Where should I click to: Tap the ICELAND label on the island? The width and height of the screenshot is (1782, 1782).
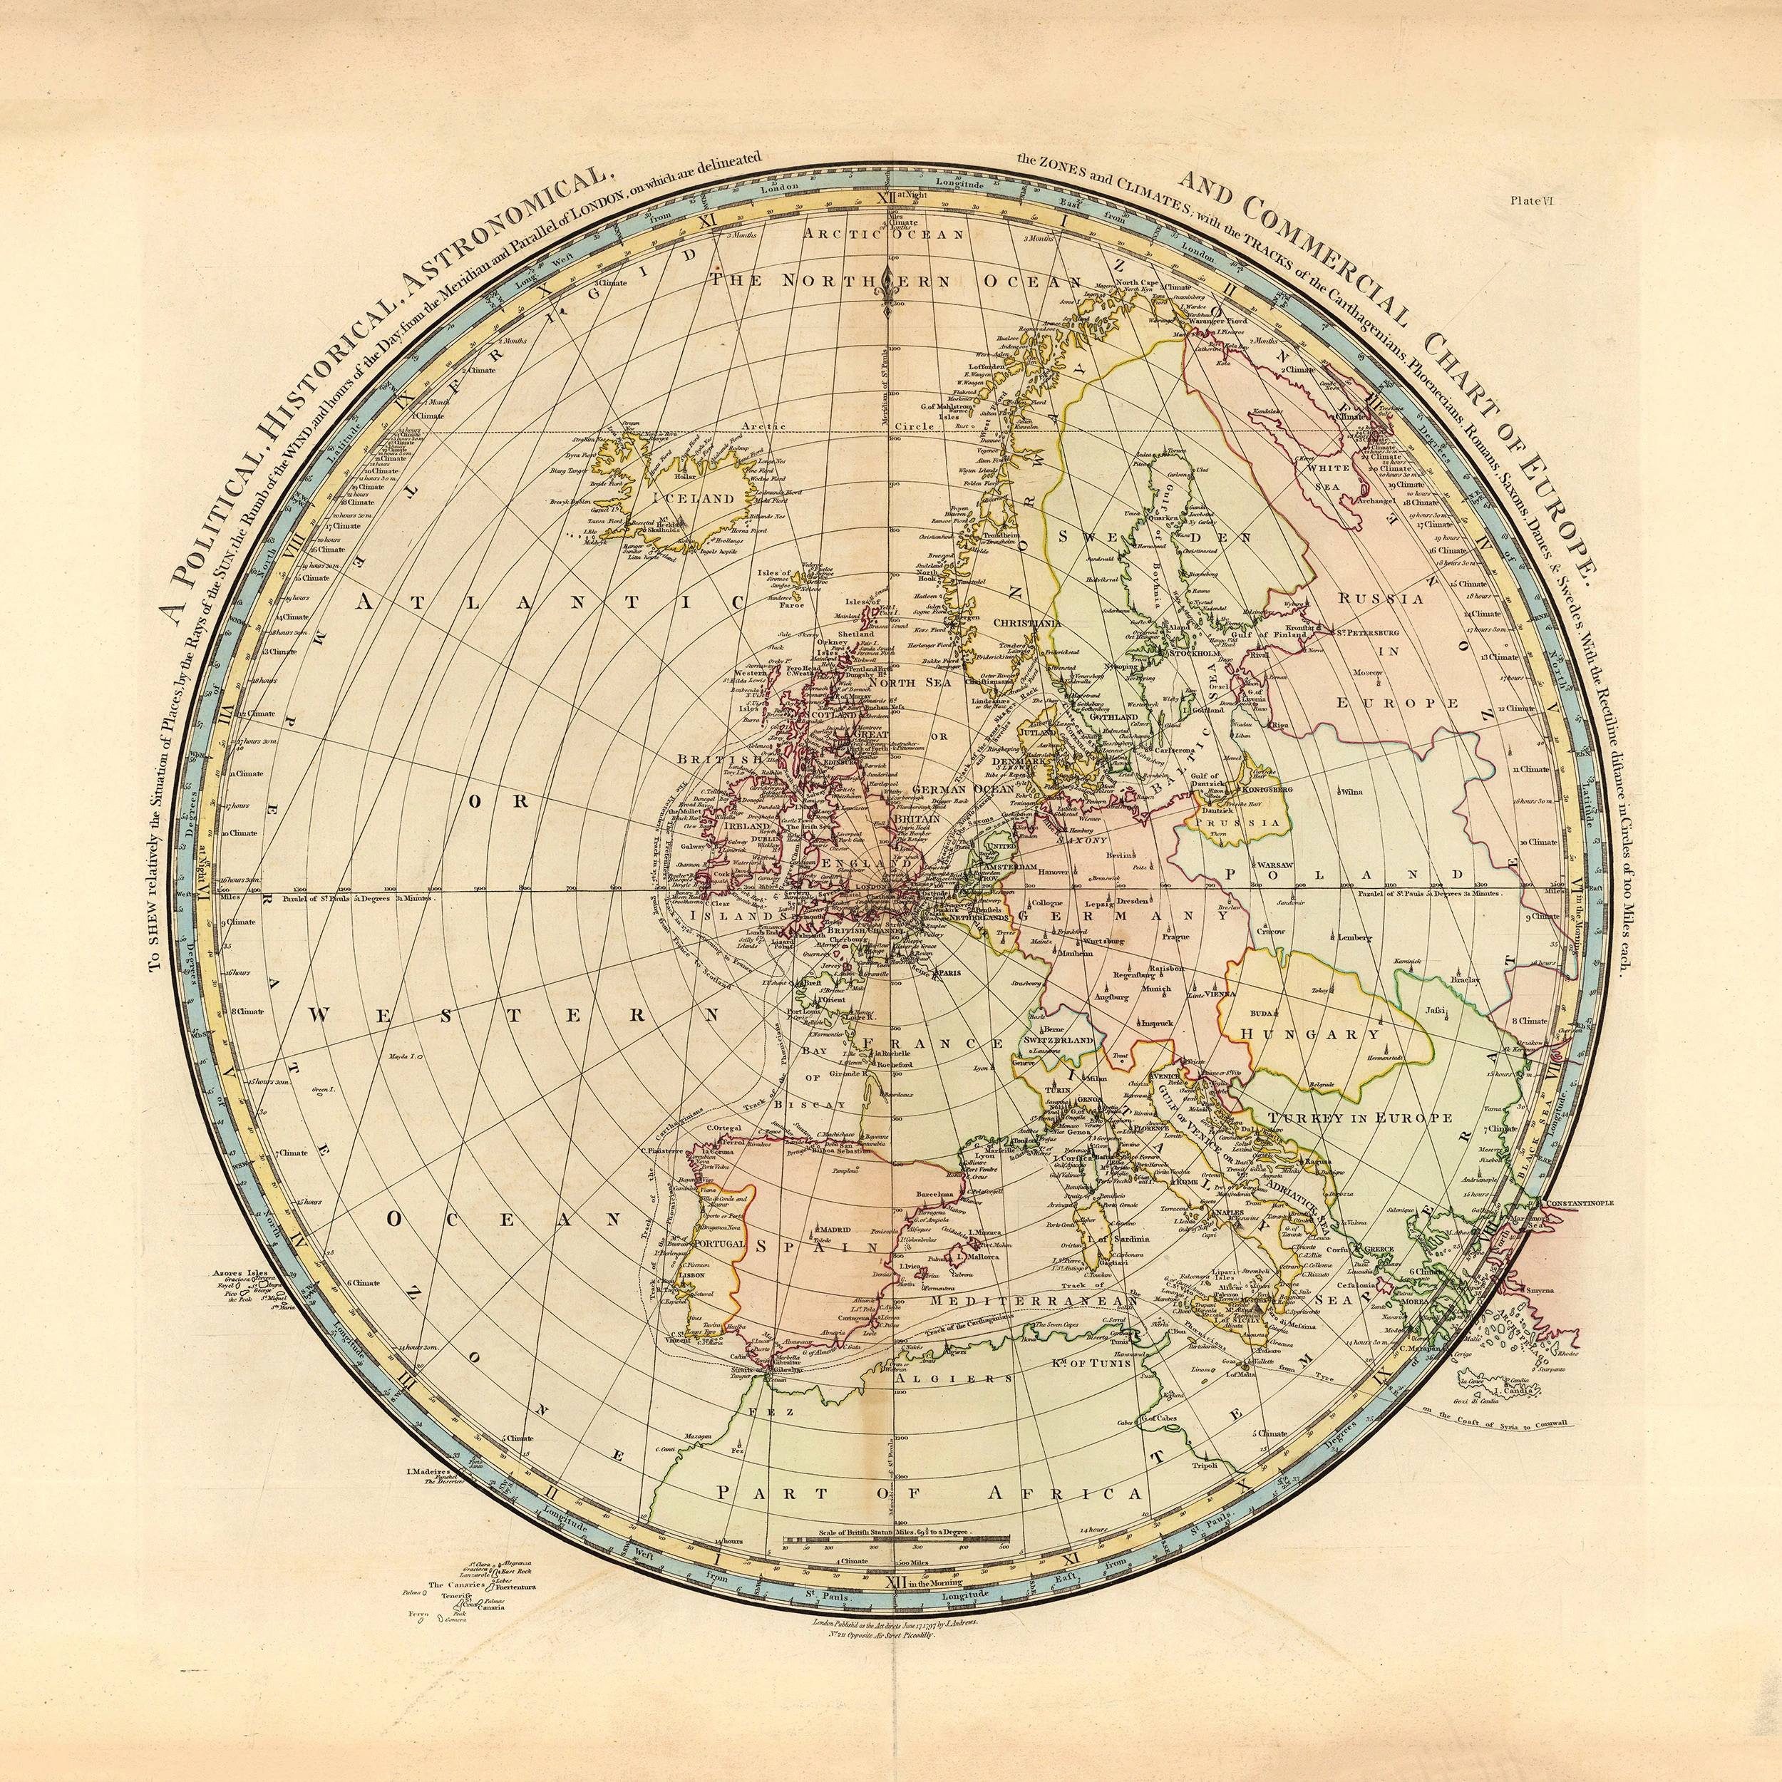(694, 498)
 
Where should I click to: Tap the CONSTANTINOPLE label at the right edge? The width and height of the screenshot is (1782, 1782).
(1572, 1205)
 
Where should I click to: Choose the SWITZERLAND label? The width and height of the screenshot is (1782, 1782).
(1058, 1041)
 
